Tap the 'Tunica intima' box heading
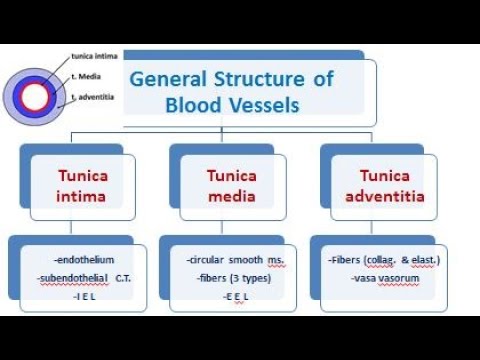[82, 185]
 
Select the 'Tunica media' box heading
[231, 185]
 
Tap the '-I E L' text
[78, 296]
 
